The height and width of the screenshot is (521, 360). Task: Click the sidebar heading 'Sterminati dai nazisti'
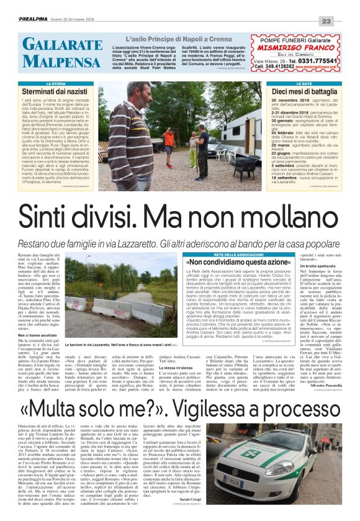(51, 91)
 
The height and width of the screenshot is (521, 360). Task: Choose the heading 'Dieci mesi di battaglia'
(304, 91)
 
